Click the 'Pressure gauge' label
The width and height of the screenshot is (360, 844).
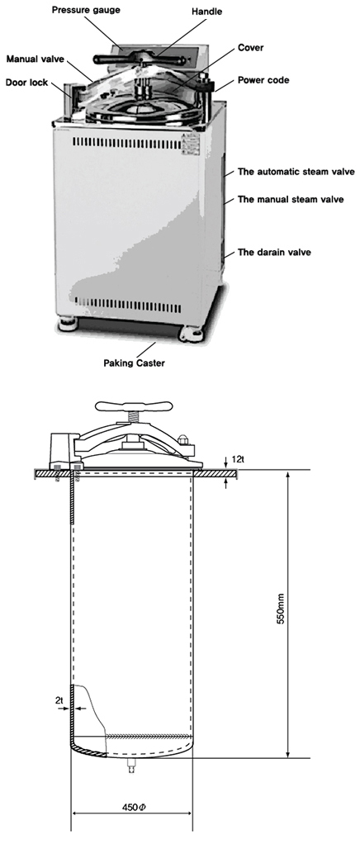[x=86, y=10]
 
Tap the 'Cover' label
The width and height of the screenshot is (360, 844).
[x=250, y=47]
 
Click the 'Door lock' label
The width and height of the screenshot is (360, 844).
[x=26, y=83]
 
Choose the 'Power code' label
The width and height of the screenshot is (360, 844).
[x=263, y=80]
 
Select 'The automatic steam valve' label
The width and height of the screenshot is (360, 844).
[x=296, y=173]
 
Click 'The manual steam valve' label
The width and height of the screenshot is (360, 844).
[x=291, y=199]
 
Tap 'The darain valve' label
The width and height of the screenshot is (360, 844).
[x=274, y=252]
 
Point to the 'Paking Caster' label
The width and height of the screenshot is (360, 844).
[x=135, y=363]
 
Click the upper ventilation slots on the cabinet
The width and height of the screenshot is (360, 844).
[x=126, y=143]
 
